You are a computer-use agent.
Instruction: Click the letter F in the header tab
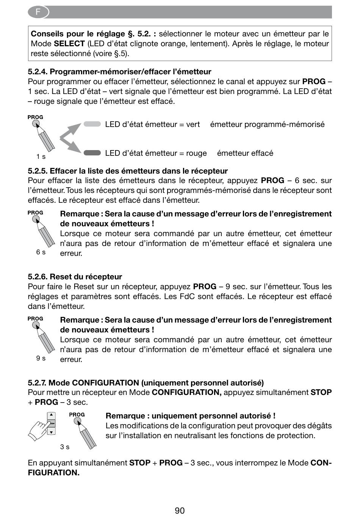38,11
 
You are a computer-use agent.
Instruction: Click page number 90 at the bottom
180,510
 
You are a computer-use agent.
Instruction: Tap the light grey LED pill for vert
92,124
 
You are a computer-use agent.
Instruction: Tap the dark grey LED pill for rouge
92,153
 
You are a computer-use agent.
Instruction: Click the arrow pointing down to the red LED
70,145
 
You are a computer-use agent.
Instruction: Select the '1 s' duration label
41,157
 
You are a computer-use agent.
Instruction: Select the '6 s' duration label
41,252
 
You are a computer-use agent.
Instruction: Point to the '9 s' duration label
41,358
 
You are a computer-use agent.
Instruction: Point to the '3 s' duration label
65,447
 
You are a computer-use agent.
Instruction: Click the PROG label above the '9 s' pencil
35,319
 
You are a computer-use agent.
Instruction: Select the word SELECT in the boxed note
69,44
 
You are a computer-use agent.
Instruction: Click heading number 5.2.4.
38,72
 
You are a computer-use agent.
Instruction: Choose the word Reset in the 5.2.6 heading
59,276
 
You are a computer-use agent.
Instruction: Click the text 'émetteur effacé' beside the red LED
245,153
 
